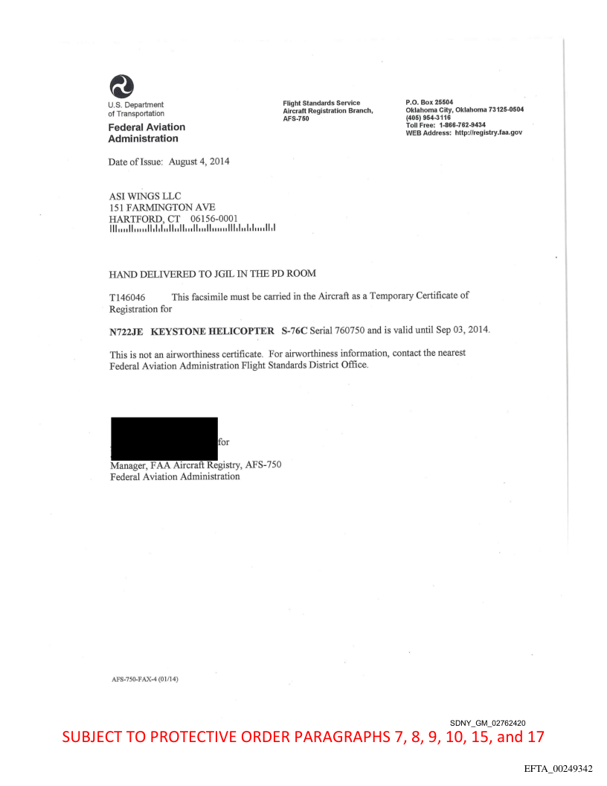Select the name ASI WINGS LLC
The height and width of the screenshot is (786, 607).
click(x=145, y=196)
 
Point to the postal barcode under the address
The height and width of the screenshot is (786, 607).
click(x=192, y=228)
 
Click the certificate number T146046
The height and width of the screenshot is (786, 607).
click(x=128, y=297)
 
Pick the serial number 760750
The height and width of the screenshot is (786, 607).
click(x=359, y=330)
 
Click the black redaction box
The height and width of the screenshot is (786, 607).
click(x=164, y=438)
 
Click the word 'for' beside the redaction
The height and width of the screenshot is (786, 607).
click(x=224, y=442)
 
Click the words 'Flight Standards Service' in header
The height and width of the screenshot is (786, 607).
click(x=321, y=103)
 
